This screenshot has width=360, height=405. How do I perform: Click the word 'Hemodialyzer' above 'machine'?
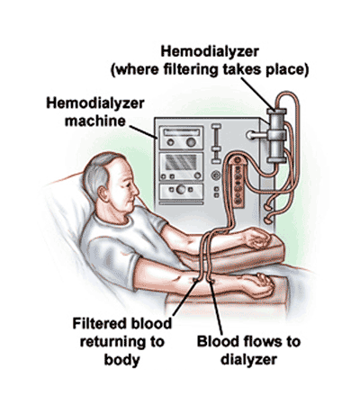(x=95, y=103)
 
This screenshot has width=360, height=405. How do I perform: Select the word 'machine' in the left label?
(x=95, y=121)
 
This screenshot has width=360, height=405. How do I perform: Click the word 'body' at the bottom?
(x=121, y=360)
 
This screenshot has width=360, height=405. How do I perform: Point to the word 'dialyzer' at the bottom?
(x=248, y=360)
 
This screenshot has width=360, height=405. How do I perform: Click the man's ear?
(x=103, y=193)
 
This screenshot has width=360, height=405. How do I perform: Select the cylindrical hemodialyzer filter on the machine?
(x=276, y=136)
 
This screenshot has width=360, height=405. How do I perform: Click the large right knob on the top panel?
(x=191, y=142)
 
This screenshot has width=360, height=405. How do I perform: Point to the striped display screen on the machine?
(x=181, y=162)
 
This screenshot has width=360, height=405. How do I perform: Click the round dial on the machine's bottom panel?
(x=181, y=189)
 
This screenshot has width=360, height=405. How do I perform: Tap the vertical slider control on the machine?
(x=216, y=144)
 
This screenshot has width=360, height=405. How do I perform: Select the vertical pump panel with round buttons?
(x=238, y=182)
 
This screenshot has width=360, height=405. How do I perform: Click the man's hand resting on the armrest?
(x=257, y=238)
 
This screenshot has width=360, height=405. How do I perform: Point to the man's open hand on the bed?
(x=258, y=285)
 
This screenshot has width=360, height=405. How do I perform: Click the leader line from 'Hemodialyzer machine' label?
(x=143, y=132)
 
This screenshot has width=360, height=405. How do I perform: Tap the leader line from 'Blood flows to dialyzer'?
(x=216, y=309)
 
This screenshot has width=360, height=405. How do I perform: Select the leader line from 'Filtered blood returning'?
(x=185, y=297)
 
